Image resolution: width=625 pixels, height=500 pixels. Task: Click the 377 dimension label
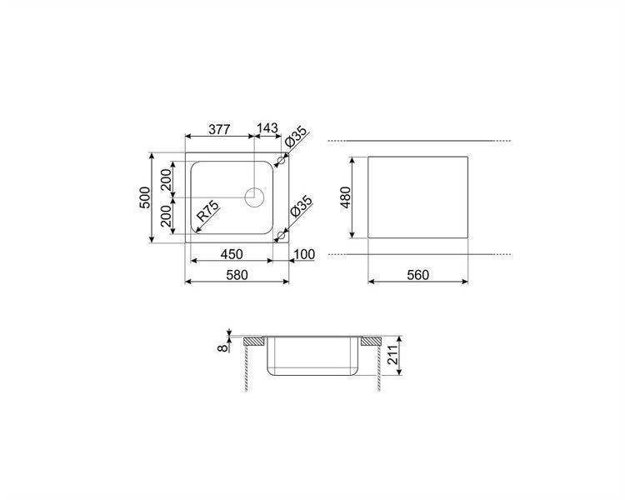pyautogui.click(x=219, y=130)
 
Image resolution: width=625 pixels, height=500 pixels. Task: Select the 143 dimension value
pyautogui.click(x=267, y=128)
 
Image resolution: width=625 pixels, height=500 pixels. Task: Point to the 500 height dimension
pyautogui.click(x=145, y=197)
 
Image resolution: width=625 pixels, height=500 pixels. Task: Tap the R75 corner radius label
pyautogui.click(x=208, y=211)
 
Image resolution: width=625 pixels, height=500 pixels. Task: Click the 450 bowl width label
pyautogui.click(x=232, y=254)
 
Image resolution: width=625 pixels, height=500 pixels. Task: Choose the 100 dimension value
pyautogui.click(x=304, y=254)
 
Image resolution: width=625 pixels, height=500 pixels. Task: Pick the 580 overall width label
pyautogui.click(x=237, y=275)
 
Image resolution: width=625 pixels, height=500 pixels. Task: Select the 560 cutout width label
pyautogui.click(x=417, y=275)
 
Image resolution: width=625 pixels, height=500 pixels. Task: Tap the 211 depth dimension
pyautogui.click(x=393, y=355)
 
